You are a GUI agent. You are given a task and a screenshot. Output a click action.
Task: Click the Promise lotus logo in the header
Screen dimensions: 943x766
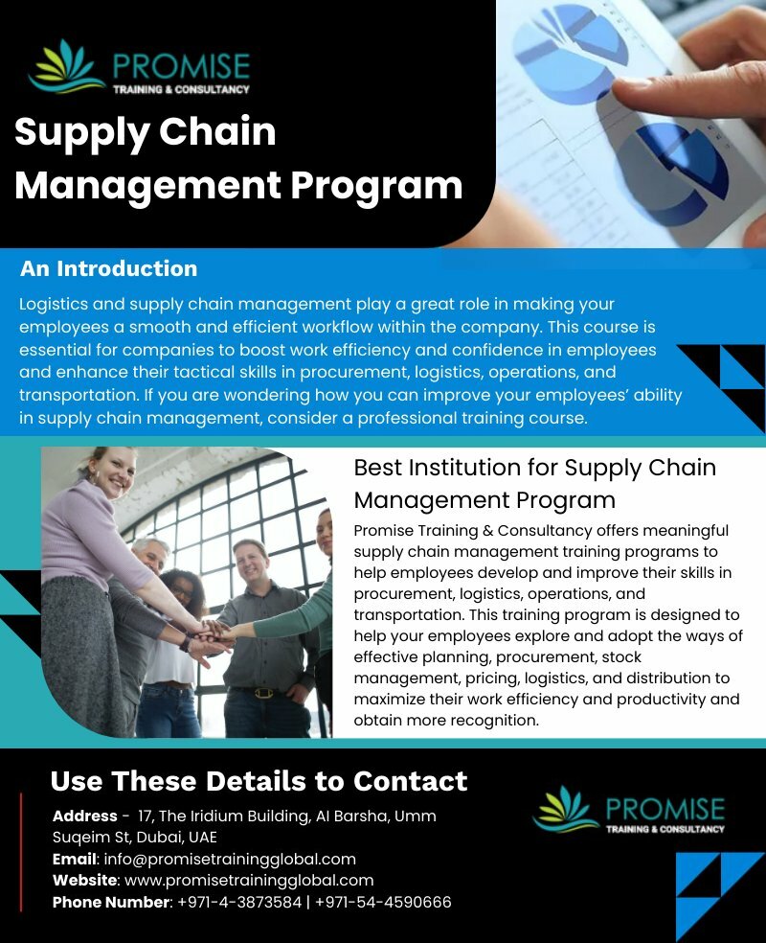coord(67,68)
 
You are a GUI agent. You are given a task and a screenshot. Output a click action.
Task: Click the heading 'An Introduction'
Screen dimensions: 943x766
coord(108,269)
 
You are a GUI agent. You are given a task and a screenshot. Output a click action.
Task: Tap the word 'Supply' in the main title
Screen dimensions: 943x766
coord(81,132)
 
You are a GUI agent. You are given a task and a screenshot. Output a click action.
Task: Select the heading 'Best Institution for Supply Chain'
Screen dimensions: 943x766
coord(534,468)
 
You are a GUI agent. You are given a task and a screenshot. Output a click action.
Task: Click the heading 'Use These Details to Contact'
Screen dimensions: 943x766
coord(259,781)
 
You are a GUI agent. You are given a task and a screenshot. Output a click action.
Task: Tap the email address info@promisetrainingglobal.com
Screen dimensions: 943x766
coord(230,859)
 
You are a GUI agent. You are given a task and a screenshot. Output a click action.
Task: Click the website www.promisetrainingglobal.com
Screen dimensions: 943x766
coord(249,880)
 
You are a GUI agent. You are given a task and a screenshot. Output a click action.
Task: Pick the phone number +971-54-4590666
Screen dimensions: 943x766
coord(383,902)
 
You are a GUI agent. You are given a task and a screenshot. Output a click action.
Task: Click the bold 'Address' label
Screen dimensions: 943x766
coord(84,816)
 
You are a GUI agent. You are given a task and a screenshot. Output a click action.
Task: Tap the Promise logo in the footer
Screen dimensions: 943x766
coord(628,811)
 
